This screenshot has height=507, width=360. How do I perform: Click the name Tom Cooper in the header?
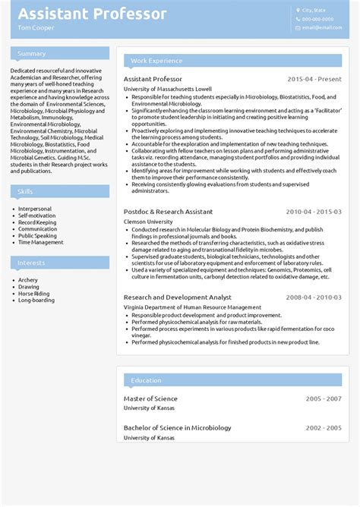[x=36, y=28]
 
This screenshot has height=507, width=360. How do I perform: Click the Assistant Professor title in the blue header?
[x=93, y=14]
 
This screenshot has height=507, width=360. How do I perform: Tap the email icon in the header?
[x=298, y=27]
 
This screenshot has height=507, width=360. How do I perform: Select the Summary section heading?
[x=32, y=54]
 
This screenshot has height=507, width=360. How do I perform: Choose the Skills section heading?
[x=26, y=191]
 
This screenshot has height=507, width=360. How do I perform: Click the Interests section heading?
[x=32, y=263]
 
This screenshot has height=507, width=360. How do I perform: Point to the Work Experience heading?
[x=156, y=61]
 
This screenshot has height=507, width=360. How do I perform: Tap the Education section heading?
[x=146, y=380]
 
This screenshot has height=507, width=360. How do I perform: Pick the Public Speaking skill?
[x=37, y=236]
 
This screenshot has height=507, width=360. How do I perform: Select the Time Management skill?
[x=41, y=243]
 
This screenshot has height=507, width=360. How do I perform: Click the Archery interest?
[x=28, y=280]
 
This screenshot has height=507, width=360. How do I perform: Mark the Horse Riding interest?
[x=33, y=294]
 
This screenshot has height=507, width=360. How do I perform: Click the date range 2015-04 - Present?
[x=314, y=79]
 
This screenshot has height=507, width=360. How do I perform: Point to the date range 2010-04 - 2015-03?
[x=313, y=212]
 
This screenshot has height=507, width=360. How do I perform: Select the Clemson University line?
[x=149, y=222]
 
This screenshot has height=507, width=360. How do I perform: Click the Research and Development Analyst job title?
[x=177, y=298]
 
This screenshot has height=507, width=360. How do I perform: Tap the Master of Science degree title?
[x=150, y=398]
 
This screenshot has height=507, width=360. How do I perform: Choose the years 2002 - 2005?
[x=324, y=427]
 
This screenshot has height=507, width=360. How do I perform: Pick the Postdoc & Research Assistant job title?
[x=168, y=212]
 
